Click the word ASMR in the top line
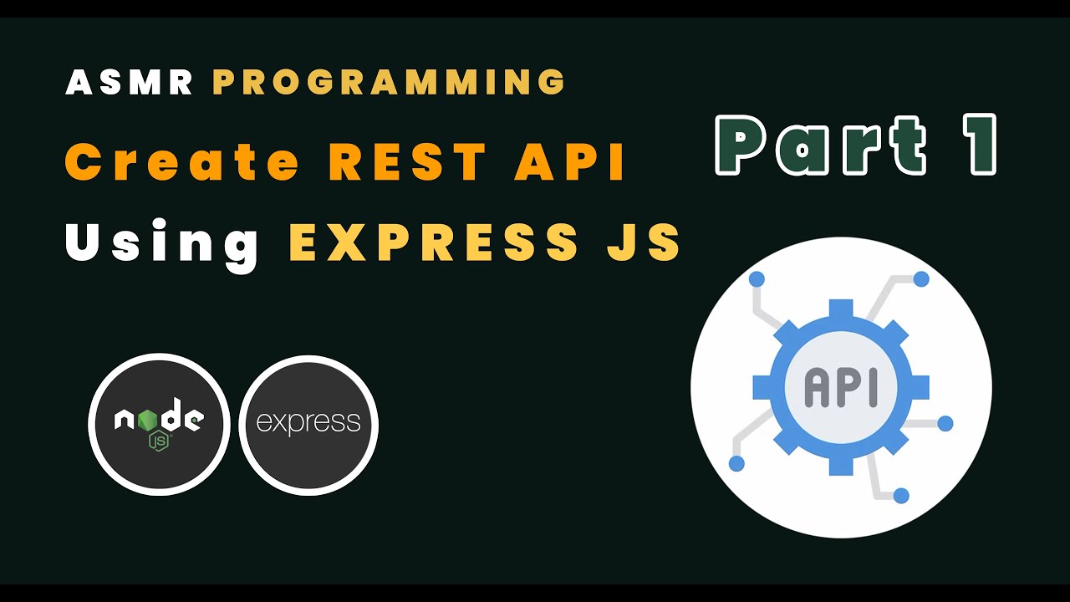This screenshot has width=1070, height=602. pyautogui.click(x=130, y=82)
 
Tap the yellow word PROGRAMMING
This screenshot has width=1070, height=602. pyautogui.click(x=390, y=82)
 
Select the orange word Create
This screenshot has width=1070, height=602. pyautogui.click(x=182, y=162)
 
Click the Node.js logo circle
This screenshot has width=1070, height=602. pyautogui.click(x=159, y=425)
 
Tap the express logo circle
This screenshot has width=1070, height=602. pyautogui.click(x=308, y=425)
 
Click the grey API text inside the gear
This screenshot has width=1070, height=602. pyautogui.click(x=841, y=388)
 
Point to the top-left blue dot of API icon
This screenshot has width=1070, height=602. pyautogui.click(x=757, y=278)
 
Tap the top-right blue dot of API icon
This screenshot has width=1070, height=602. pyautogui.click(x=921, y=278)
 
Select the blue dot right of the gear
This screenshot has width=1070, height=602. pyautogui.click(x=945, y=424)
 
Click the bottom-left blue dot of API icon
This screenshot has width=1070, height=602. pyautogui.click(x=736, y=463)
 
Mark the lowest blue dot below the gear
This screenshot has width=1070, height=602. pyautogui.click(x=901, y=496)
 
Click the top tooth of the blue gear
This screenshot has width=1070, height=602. pyautogui.click(x=841, y=308)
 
